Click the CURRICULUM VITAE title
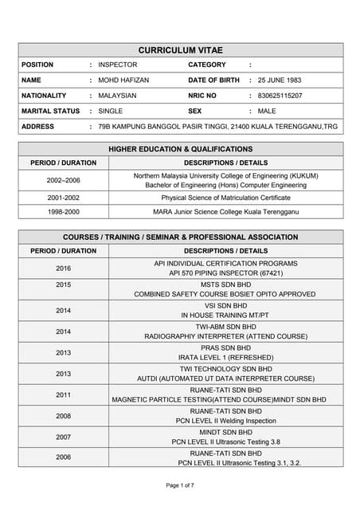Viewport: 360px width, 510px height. pos(179,49)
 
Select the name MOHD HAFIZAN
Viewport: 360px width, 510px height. pos(123,80)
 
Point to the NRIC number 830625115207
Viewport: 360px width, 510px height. pos(280,96)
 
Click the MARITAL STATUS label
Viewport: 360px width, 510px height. pos(51,111)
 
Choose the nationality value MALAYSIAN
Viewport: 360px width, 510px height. pos(117,96)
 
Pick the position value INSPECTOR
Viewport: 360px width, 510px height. pos(118,65)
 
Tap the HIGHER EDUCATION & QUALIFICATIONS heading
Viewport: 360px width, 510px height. pos(181,149)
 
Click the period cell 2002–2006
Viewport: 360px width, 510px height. pos(63,180)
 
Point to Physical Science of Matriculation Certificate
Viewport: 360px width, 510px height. pos(225,197)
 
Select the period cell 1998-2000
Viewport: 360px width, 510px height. pos(63,212)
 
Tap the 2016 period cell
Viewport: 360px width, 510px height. pos(63,269)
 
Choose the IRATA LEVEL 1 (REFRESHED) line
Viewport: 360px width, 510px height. pos(225,357)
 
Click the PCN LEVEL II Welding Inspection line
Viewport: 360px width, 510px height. pos(225,420)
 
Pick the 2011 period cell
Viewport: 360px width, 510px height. pos(63,394)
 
